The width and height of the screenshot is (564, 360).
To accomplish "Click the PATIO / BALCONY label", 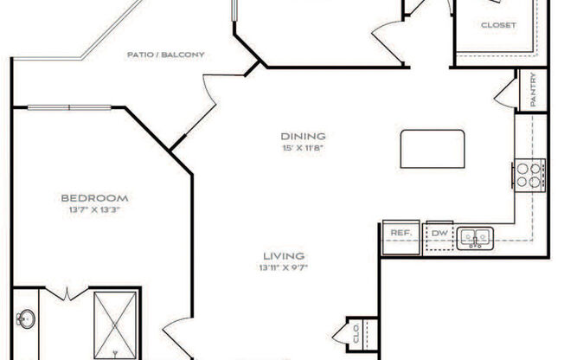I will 165,55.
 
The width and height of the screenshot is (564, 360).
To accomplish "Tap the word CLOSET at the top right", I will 498,25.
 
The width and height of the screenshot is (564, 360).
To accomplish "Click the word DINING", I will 302,136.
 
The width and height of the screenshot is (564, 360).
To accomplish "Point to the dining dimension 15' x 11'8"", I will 302,148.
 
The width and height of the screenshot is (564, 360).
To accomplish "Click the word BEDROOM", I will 94,197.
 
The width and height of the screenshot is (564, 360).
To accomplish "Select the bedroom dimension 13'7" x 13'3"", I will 94,209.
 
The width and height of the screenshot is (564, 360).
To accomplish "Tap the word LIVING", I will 284,255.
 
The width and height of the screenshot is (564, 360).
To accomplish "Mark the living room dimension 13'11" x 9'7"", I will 284,267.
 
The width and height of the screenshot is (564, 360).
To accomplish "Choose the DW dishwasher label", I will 439,234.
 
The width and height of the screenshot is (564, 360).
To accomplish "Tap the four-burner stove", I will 529,175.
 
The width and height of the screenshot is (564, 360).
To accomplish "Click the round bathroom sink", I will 25,318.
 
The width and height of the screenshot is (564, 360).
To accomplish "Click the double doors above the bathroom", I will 66,294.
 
